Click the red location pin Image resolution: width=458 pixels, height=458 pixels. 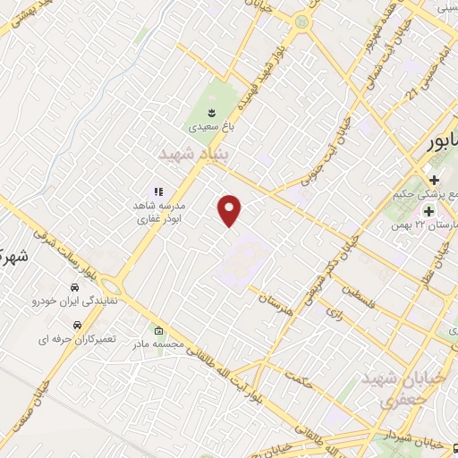230,210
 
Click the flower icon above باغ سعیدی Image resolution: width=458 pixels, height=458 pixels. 212,112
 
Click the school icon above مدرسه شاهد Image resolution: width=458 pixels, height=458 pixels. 158,191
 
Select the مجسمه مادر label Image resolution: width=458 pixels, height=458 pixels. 158,343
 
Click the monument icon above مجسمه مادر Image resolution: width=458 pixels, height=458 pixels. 158,328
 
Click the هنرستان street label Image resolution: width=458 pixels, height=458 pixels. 276,303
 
